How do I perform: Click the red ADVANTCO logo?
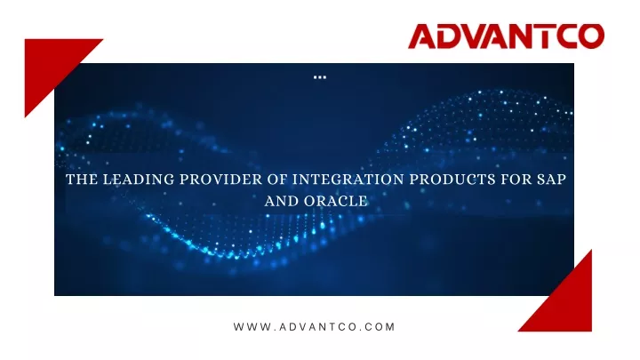[x=506, y=36]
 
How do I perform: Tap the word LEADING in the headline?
[x=139, y=180]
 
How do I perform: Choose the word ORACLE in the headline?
[x=336, y=201]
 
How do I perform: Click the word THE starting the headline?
[x=82, y=180]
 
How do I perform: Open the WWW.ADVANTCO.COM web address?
[x=315, y=327]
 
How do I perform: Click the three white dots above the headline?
[x=320, y=77]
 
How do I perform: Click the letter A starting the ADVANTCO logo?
[x=422, y=36]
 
